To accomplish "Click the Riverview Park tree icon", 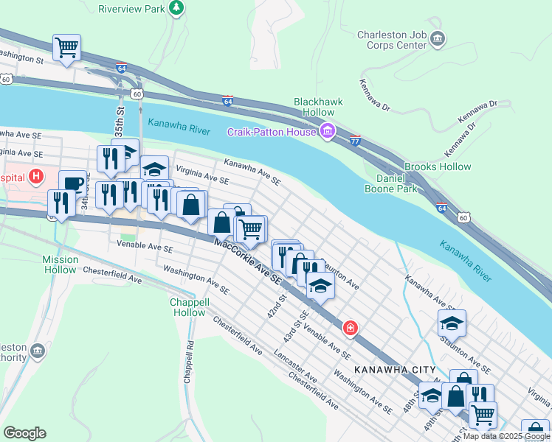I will pos(176,8).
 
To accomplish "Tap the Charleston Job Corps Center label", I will pos(392,40).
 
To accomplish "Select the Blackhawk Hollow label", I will pos(314,108).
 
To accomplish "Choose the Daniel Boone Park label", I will pos(391,183).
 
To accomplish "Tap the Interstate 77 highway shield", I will pos(355,139).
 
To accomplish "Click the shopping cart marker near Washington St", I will pos(66,48).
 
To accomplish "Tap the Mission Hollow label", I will pos(60,264).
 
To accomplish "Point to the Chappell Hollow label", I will pos(187,307).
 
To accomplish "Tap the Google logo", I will pos(25,433).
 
